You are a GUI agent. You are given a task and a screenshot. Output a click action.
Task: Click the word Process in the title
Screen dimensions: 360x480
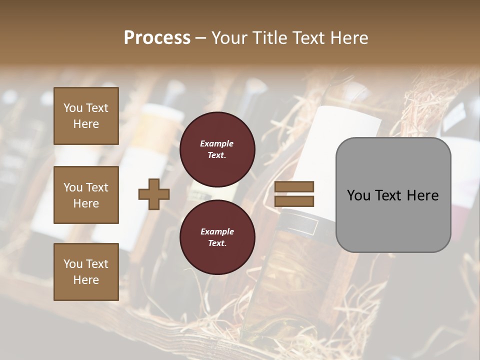[x=157, y=38]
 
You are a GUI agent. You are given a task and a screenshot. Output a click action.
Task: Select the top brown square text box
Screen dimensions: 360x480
[x=86, y=116]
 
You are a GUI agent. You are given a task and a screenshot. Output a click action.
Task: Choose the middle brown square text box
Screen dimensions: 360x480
[x=86, y=195]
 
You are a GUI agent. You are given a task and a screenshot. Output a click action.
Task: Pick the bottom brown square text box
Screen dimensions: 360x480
[x=86, y=271]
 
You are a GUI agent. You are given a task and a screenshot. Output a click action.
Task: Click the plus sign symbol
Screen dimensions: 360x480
[x=154, y=194]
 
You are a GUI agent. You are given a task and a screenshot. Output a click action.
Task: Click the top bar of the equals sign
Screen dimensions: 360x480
[x=294, y=187]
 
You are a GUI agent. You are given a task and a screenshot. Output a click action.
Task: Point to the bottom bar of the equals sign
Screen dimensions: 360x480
[x=294, y=201]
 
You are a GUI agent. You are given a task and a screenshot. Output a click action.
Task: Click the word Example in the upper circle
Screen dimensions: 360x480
[x=217, y=143]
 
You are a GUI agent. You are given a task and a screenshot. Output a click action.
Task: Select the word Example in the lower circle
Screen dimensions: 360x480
[x=217, y=231]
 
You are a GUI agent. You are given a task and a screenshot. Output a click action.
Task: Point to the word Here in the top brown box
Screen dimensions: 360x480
[x=86, y=124]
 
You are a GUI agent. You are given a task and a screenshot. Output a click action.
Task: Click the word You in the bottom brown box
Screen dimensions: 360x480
[x=73, y=264]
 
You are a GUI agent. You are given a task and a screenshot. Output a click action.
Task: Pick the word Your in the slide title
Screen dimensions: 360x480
[x=228, y=38]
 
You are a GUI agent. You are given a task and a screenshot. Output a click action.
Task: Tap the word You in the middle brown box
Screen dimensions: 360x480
[x=73, y=187]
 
